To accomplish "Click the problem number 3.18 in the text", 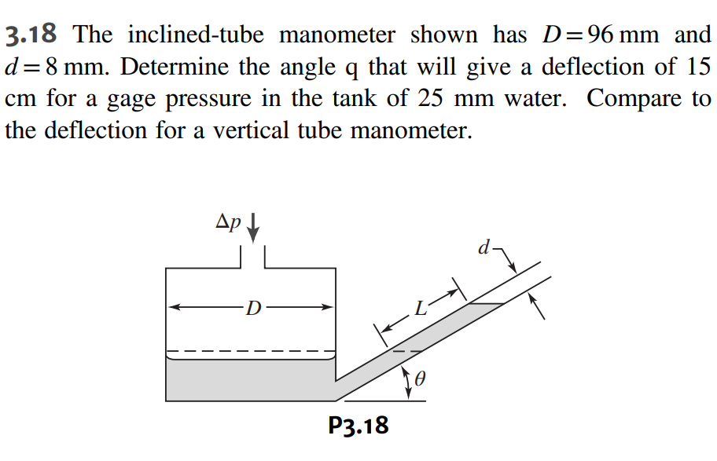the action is click(35, 35).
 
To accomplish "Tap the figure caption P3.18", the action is click(358, 426).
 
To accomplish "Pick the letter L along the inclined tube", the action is click(421, 309).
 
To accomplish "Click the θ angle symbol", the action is click(419, 380).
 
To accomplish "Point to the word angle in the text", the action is click(300, 68).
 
